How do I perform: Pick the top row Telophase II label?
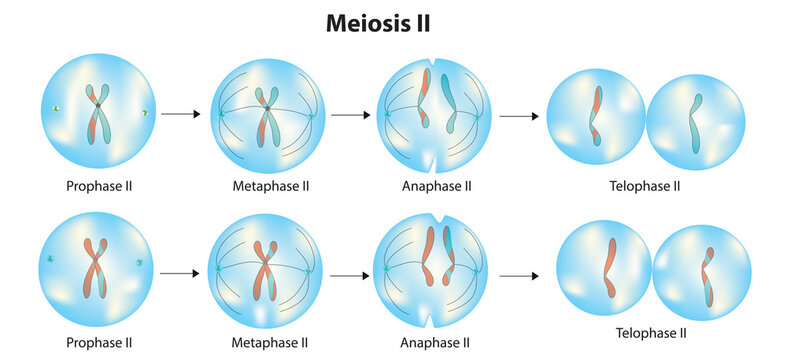coord(644,187)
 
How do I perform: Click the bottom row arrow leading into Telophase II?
coord(519,274)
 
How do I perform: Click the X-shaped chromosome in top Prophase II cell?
coord(98,112)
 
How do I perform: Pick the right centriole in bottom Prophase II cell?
coord(139,265)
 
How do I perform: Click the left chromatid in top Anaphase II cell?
coord(425,98)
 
